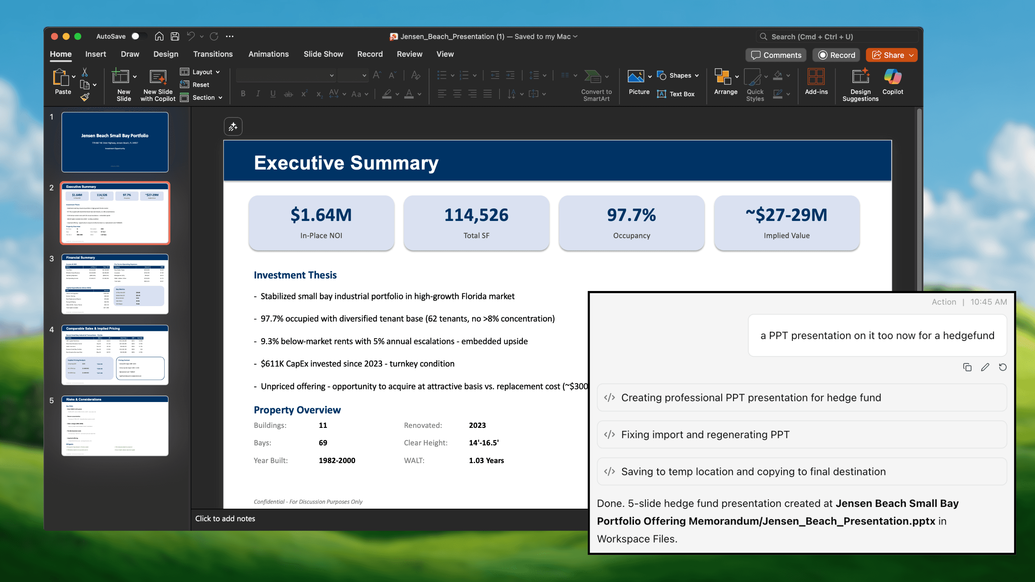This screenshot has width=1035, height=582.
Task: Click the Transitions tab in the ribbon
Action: coord(212,54)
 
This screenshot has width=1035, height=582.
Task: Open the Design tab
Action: coord(166,54)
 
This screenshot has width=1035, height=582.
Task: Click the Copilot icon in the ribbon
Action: coord(892,82)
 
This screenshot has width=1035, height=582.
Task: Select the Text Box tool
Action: coord(676,94)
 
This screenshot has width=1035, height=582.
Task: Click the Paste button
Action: coord(62,82)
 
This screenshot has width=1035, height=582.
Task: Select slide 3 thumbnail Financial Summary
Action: coord(115,284)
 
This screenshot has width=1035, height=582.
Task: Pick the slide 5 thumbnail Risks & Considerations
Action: coord(115,426)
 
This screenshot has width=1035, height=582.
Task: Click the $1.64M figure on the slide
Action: coord(321,215)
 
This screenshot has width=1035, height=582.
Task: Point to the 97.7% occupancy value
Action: coord(631,215)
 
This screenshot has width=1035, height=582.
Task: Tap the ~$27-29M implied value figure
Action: coord(786,215)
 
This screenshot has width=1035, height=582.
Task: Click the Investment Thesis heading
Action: coord(295,275)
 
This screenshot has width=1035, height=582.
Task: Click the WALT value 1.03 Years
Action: coord(486,460)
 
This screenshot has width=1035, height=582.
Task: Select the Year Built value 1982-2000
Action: coord(337,460)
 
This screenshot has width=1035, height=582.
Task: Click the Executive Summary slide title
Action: coord(346,163)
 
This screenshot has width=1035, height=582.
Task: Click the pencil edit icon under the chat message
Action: coord(985,367)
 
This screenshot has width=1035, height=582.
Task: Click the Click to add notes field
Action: coord(225,518)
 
